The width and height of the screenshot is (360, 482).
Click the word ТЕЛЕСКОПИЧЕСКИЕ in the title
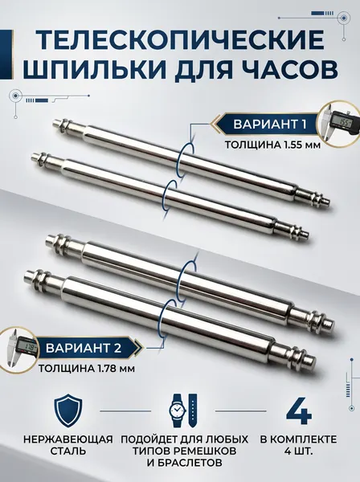tap(181, 40)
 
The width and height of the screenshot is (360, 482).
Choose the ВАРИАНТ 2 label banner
tap(85, 348)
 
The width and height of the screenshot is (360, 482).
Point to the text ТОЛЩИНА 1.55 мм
tap(272, 145)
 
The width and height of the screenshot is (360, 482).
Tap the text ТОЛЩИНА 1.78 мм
tap(87, 368)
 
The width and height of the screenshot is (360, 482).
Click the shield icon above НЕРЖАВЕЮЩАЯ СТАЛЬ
tap(68, 411)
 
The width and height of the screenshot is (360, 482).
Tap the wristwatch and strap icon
tap(183, 410)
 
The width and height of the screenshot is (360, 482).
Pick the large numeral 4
tap(299, 411)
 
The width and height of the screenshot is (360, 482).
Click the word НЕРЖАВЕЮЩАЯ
tap(68, 439)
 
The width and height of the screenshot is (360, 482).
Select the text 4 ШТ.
tap(299, 451)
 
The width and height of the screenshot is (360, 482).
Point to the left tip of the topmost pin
tap(55, 122)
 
